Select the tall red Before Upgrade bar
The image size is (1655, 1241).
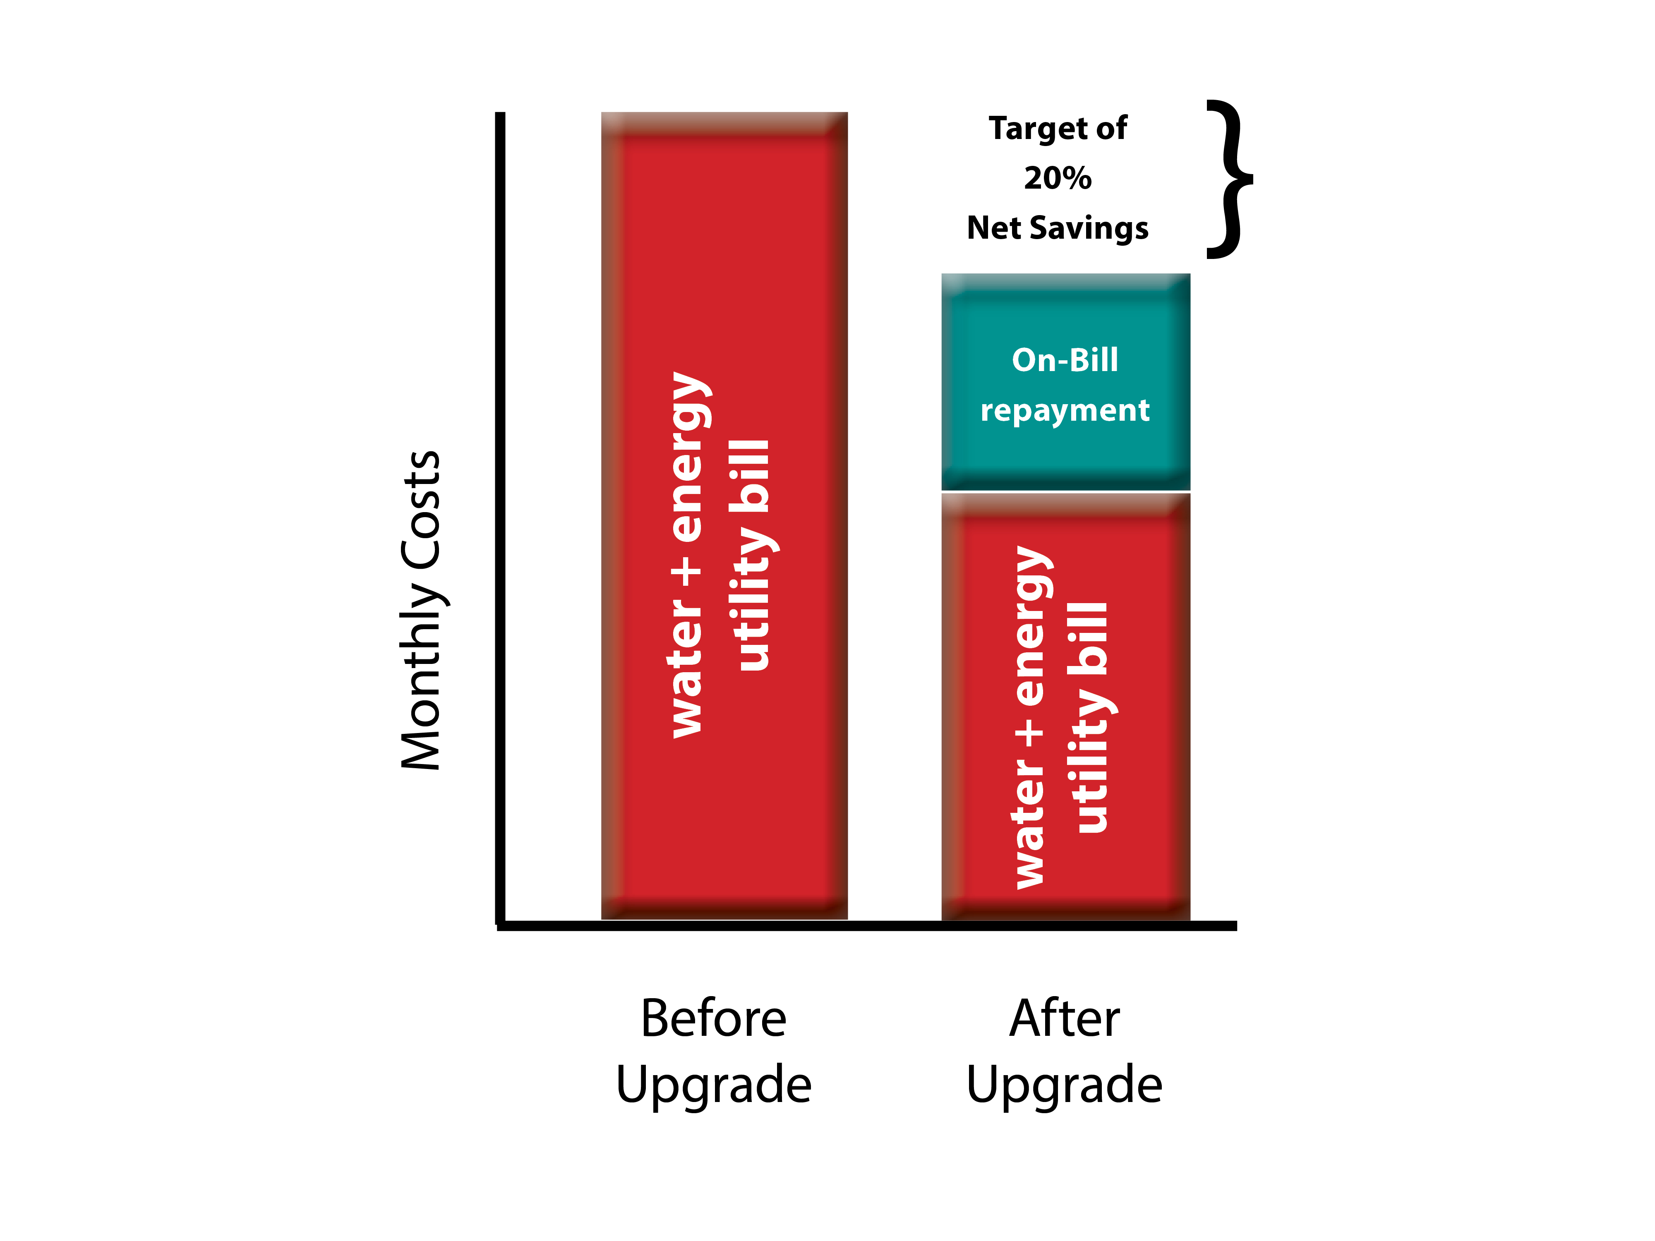(724, 515)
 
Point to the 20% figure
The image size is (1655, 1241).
(1057, 178)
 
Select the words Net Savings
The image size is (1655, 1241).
(1057, 228)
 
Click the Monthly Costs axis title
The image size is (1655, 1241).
(421, 610)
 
